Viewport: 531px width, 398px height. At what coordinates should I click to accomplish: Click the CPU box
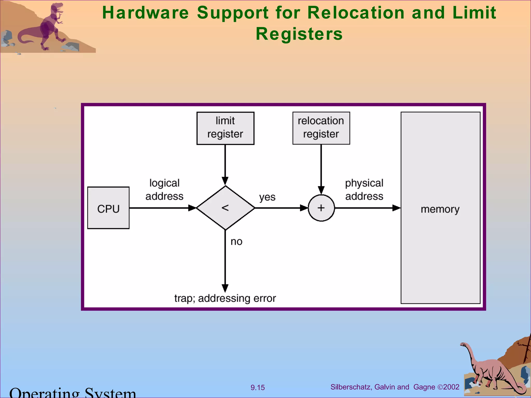108,208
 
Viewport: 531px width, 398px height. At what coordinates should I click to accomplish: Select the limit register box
225,128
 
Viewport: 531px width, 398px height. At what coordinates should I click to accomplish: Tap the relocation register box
321,128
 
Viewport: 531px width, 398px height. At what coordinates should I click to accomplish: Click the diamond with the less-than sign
225,208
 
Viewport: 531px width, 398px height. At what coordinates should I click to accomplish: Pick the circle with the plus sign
321,208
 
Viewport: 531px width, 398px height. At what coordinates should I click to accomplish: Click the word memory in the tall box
440,209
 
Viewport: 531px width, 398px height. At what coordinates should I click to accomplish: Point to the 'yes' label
267,197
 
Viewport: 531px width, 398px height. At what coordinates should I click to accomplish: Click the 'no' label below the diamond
236,241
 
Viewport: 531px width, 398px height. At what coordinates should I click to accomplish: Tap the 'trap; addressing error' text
225,298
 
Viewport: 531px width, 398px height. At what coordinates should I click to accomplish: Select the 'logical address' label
164,190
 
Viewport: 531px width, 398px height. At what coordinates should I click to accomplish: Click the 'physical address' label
364,190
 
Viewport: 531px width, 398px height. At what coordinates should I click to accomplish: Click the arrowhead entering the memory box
397,208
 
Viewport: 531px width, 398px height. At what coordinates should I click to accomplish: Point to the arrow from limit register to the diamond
225,163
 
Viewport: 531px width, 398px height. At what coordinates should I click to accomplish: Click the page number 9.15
257,388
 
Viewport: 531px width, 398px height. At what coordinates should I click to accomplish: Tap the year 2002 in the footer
451,387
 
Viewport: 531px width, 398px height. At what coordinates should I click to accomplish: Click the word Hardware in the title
145,13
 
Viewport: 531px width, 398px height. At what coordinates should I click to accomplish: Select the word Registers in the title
299,34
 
